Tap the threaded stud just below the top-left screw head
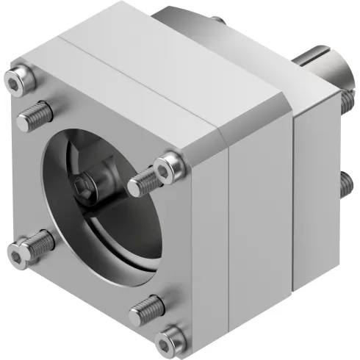click(x=35, y=114)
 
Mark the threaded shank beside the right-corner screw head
click(x=143, y=182)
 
